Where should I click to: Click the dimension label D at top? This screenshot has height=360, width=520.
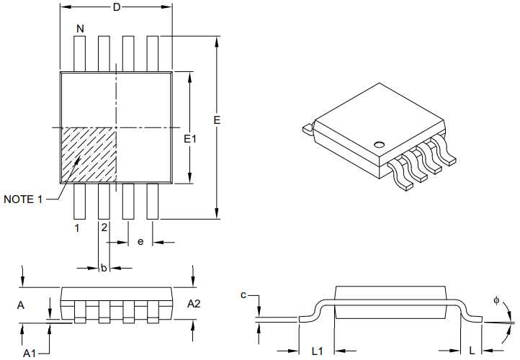click(x=116, y=7)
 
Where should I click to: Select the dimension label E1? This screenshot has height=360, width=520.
click(x=190, y=138)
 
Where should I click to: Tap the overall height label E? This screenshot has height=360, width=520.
click(x=217, y=120)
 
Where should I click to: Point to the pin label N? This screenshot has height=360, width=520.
click(x=80, y=28)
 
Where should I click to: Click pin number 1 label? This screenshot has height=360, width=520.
click(x=76, y=228)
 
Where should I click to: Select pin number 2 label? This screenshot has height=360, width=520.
click(x=104, y=228)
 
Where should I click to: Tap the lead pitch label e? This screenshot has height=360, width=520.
click(x=140, y=242)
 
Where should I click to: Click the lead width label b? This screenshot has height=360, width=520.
click(x=104, y=268)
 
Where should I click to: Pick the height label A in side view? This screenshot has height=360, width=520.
click(x=21, y=306)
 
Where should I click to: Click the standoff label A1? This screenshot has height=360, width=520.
click(x=30, y=353)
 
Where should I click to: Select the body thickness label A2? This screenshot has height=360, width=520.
click(x=194, y=304)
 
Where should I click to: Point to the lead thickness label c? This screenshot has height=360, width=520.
click(x=244, y=294)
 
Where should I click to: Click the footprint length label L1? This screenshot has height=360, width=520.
click(x=316, y=351)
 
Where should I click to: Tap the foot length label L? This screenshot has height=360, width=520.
click(x=471, y=351)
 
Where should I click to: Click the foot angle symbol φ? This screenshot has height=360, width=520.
click(x=496, y=301)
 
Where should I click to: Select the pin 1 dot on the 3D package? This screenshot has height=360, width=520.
click(x=379, y=141)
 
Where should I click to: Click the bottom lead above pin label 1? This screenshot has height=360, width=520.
click(x=80, y=201)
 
